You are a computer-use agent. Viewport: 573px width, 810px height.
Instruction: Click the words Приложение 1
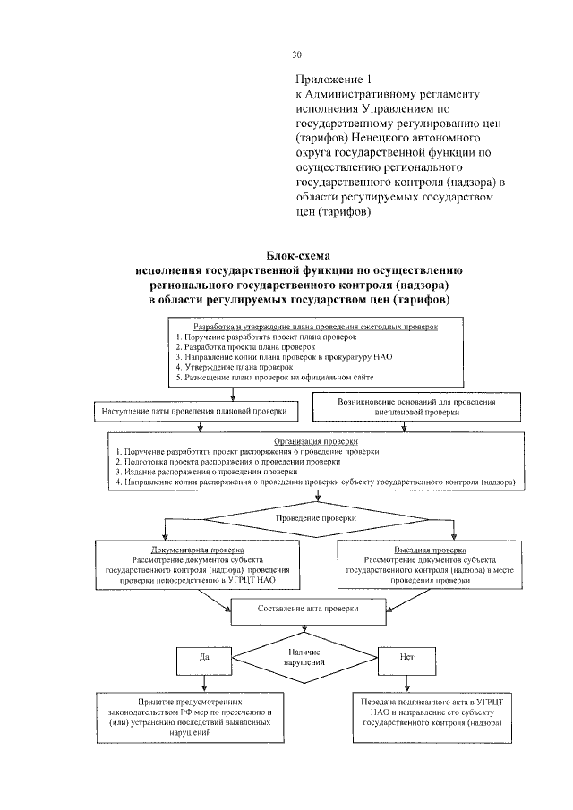(x=331, y=78)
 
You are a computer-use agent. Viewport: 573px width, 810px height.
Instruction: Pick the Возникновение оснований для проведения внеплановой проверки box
(x=416, y=408)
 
